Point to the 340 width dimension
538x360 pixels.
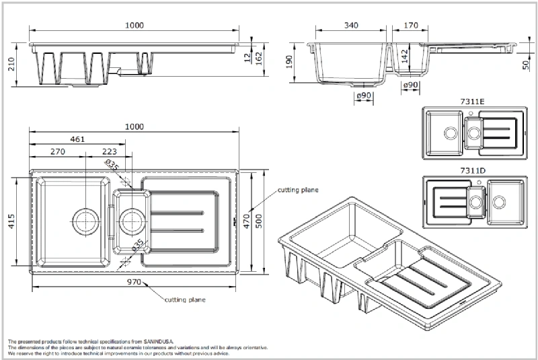[x=350, y=25]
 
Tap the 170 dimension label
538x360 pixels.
[x=411, y=25]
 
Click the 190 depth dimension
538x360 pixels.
[x=289, y=63]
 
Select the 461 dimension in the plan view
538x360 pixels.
[x=77, y=140]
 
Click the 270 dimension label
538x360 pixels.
[x=58, y=152]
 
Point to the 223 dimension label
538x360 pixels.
[x=109, y=152]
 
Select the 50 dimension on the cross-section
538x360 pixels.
[x=525, y=65]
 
